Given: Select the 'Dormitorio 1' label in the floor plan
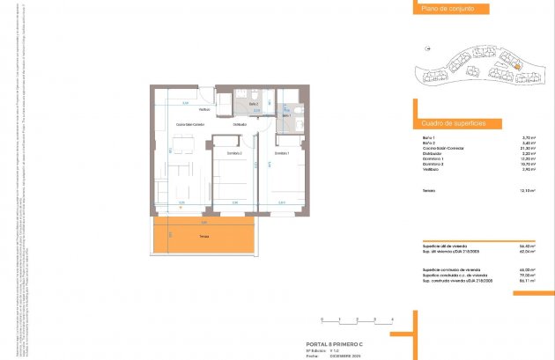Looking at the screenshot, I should (x=281, y=153).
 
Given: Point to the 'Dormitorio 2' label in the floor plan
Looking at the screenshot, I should (x=234, y=153).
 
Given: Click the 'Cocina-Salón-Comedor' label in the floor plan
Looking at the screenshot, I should (x=190, y=125).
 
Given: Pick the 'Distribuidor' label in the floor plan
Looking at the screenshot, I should (x=239, y=125).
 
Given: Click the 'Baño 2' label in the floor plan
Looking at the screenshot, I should (x=253, y=104).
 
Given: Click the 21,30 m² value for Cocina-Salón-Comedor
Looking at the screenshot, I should (x=529, y=148).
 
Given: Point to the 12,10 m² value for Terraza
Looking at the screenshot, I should (x=529, y=190).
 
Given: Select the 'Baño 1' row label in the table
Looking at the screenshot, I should (x=429, y=137).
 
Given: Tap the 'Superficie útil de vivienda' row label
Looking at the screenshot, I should (x=448, y=245).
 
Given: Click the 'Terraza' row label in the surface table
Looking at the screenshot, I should (x=431, y=190).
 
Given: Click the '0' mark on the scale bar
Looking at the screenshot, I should (x=322, y=318).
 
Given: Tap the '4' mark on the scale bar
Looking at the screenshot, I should (x=391, y=318).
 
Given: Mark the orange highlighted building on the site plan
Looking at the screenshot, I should (x=517, y=64).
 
